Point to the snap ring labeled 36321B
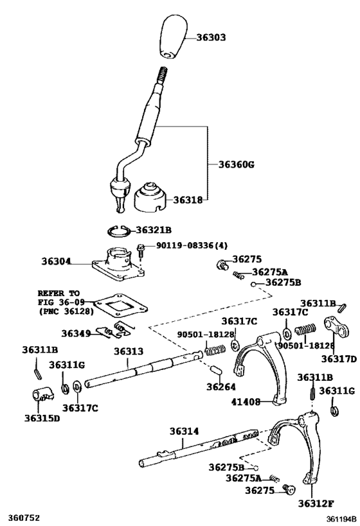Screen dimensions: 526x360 pos(118,231)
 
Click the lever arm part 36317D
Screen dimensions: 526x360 pos(336,328)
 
